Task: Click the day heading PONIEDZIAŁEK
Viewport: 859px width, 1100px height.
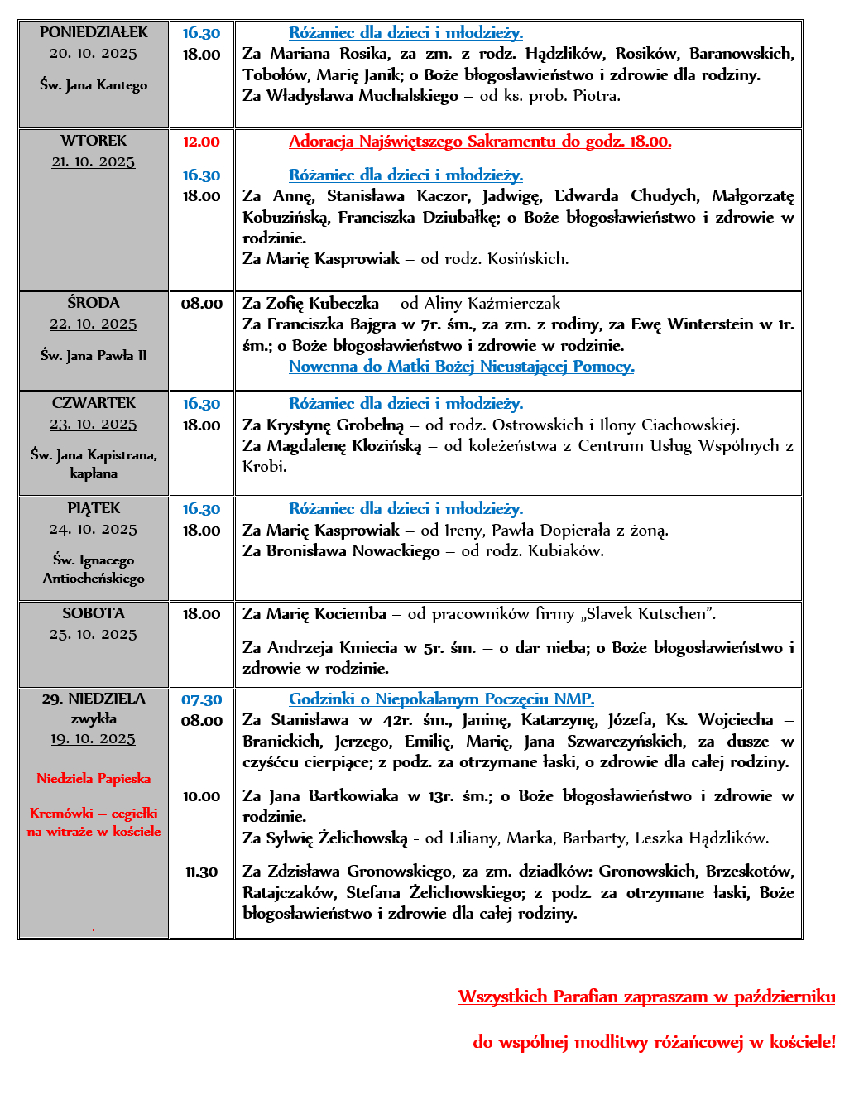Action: pos(94,32)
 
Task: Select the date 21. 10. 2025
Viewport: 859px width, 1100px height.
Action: pos(94,161)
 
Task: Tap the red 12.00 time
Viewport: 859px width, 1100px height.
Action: pos(201,142)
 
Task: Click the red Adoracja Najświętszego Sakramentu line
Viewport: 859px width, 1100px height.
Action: pos(480,142)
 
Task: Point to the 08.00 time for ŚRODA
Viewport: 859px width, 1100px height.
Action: pos(201,304)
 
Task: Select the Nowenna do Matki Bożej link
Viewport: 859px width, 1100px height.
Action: pos(461,366)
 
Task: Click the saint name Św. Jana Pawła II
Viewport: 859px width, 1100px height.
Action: pos(94,355)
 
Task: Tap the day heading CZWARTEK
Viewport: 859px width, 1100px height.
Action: pos(94,403)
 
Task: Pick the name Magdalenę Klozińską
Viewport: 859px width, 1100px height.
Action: pos(344,446)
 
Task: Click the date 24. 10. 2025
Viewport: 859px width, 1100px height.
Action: pos(94,529)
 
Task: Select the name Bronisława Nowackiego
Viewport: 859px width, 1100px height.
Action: pos(353,551)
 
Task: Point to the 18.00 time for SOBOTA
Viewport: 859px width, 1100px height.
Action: pos(201,614)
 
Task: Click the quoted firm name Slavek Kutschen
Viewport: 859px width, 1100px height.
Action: pos(649,614)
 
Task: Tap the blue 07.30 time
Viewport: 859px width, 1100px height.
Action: pos(201,699)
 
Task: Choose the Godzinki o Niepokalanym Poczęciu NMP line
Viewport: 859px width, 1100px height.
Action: pos(441,699)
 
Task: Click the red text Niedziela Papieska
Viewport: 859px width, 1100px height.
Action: pos(94,778)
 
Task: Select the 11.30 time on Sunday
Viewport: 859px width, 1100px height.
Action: pos(201,872)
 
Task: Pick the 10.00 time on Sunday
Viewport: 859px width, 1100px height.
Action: pos(201,796)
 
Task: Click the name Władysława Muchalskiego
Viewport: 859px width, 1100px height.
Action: pos(362,96)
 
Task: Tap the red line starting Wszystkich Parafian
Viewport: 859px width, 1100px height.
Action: pos(646,997)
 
